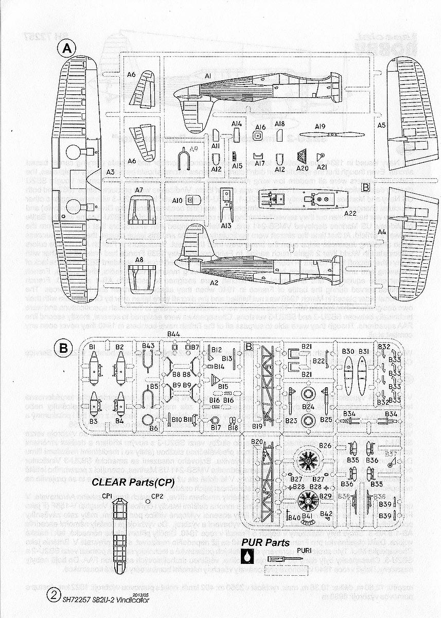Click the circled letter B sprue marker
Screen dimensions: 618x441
pos(63,349)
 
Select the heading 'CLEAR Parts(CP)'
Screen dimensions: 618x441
pos(133,483)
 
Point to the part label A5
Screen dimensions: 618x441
pos(381,125)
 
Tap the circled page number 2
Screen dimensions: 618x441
pos(52,596)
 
